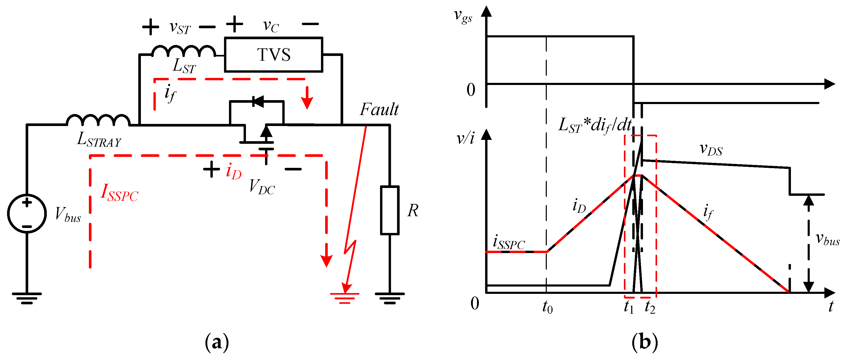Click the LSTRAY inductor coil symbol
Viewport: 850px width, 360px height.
(x=98, y=121)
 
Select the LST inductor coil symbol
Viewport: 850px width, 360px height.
(x=183, y=52)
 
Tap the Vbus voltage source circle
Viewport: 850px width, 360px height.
(x=27, y=214)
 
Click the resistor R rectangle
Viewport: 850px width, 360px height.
(x=390, y=210)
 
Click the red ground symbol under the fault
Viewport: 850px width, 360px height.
(x=344, y=297)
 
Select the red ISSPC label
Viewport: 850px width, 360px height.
(x=119, y=193)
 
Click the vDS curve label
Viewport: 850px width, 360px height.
(x=711, y=149)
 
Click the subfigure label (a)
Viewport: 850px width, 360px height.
(x=217, y=342)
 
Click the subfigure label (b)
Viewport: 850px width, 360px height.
(x=645, y=342)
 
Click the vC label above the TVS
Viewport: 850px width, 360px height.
(x=271, y=26)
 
